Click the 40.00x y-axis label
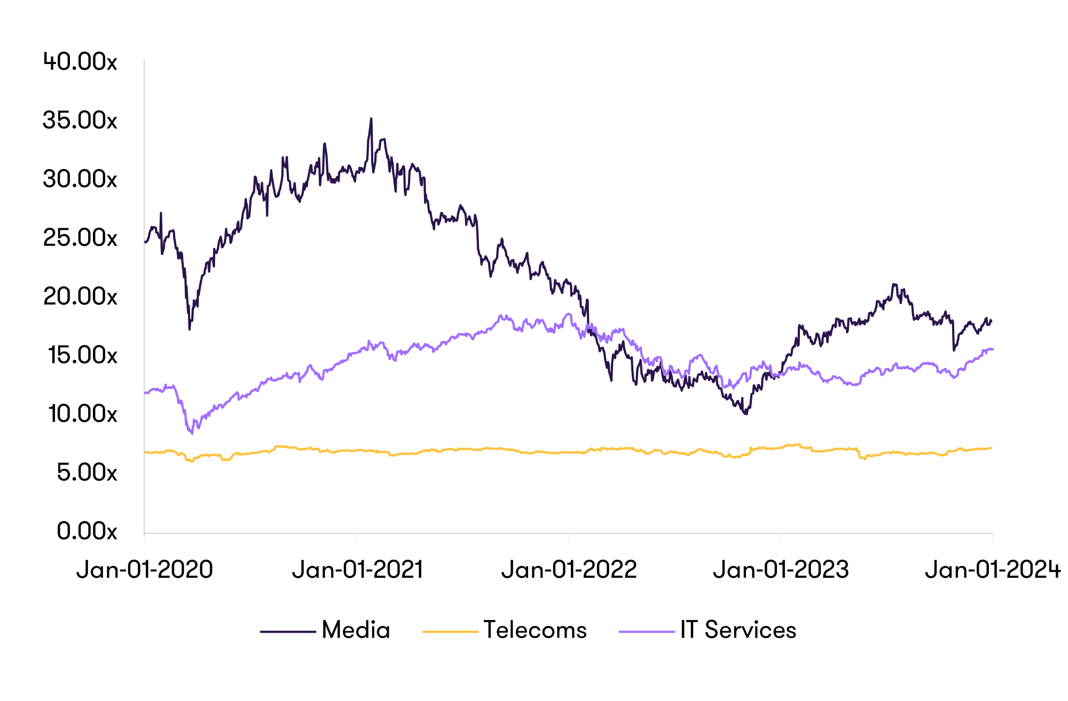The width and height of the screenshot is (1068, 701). click(80, 62)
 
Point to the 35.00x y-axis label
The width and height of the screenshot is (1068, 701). click(80, 121)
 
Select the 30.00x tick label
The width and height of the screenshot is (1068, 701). click(80, 179)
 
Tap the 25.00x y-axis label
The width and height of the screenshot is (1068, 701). click(80, 238)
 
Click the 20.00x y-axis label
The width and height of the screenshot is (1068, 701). click(80, 297)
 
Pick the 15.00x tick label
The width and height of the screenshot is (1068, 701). click(82, 355)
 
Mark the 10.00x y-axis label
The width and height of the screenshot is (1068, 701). click(82, 414)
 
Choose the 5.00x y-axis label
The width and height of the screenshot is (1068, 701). click(87, 473)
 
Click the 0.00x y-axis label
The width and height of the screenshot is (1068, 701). click(87, 531)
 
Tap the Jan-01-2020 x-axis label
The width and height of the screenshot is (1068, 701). click(145, 570)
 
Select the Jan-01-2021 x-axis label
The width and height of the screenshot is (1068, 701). click(357, 570)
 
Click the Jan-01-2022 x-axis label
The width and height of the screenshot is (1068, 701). click(569, 570)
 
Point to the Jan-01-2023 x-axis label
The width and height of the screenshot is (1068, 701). click(781, 570)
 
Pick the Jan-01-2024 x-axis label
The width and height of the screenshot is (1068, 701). click(992, 570)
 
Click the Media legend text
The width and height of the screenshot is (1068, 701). click(356, 630)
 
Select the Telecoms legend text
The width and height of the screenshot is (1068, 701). click(535, 630)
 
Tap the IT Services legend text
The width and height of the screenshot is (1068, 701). click(738, 630)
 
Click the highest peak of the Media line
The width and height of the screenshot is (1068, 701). click(371, 119)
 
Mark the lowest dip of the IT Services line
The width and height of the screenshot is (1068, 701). click(192, 433)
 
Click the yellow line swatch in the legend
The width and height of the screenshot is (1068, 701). click(450, 632)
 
